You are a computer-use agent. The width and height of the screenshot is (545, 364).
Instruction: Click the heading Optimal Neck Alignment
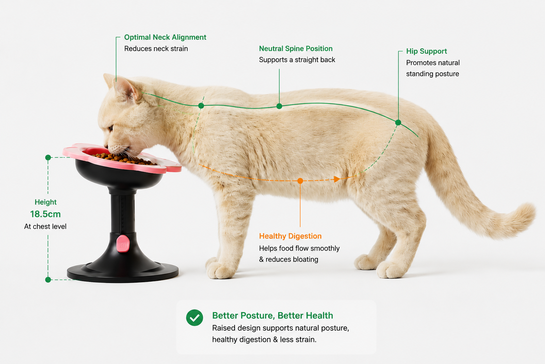click(x=165, y=37)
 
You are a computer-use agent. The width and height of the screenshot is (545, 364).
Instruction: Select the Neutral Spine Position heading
click(x=296, y=48)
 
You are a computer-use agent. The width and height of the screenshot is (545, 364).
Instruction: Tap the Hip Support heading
click(x=426, y=51)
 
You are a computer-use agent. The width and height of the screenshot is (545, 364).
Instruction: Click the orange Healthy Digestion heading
click(x=290, y=236)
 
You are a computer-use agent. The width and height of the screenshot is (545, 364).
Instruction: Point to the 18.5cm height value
click(x=45, y=214)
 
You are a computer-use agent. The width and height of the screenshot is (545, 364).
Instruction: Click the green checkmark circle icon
click(x=195, y=318)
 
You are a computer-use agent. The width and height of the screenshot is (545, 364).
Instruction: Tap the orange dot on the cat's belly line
click(x=300, y=181)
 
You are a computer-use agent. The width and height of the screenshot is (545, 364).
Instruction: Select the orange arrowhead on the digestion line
click(x=337, y=179)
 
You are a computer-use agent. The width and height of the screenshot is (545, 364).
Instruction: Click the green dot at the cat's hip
click(x=398, y=122)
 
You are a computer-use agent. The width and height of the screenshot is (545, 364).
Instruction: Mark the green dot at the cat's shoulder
click(x=201, y=106)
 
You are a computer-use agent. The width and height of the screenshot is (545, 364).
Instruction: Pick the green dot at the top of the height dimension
click(x=48, y=157)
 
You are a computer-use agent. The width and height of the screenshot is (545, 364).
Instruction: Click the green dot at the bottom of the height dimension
click(x=48, y=280)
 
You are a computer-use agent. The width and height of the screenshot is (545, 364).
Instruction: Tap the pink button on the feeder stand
click(x=123, y=243)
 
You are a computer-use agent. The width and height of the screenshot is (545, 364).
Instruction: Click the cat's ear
click(x=127, y=89)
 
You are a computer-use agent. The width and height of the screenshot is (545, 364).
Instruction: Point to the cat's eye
click(x=111, y=128)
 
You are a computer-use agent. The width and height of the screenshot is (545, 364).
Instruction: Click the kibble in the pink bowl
click(x=123, y=159)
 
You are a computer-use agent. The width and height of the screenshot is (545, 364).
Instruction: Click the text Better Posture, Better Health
click(x=272, y=316)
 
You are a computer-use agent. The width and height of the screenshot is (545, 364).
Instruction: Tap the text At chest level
click(x=45, y=226)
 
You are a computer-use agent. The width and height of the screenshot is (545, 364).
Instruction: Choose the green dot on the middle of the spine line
click(x=279, y=106)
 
